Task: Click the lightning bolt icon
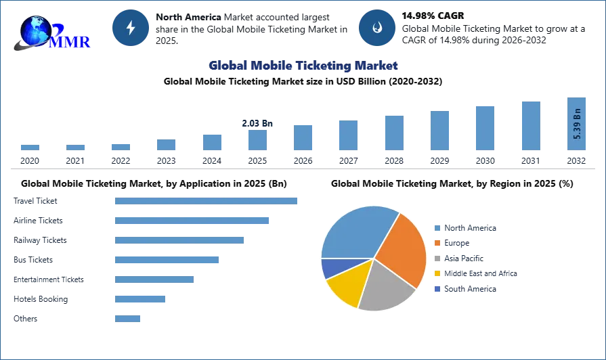[x=131, y=28]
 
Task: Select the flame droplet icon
[x=376, y=28]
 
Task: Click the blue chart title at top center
[x=303, y=66]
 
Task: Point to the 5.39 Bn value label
[x=578, y=123]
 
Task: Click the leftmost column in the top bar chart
[x=29, y=146]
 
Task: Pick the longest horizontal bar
[x=205, y=200]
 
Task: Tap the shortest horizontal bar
[x=127, y=319]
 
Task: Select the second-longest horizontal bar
[x=192, y=221]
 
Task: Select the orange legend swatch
[x=438, y=244]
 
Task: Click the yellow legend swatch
[x=438, y=273]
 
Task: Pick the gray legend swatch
[x=438, y=259]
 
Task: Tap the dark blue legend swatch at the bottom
[x=438, y=288]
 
